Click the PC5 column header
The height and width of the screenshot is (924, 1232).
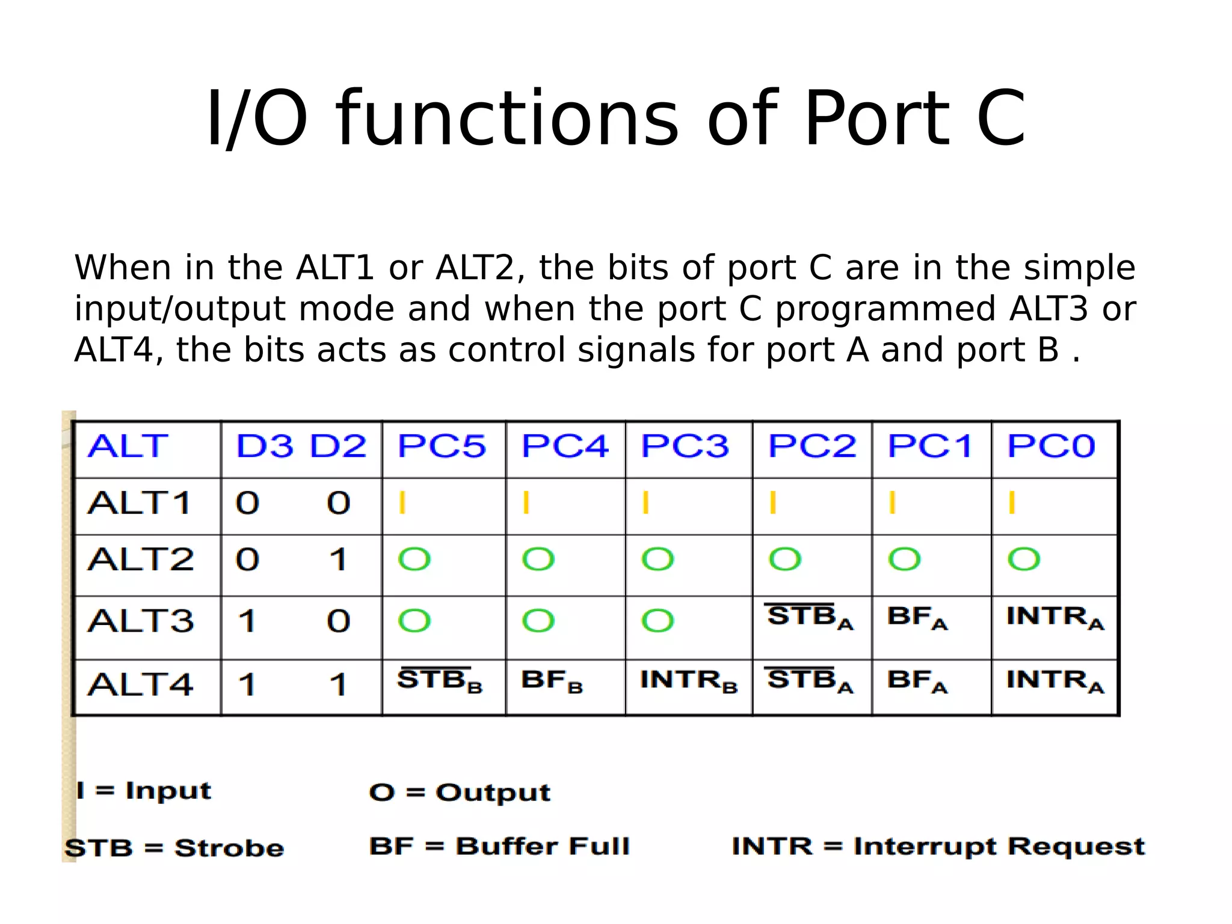pos(442,446)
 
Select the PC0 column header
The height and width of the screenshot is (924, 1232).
pos(1051,446)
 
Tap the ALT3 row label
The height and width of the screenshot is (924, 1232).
pos(141,621)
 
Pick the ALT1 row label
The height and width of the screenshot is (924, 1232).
pos(140,503)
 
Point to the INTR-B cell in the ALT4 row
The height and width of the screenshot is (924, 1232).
pos(688,681)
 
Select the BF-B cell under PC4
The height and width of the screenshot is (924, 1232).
pos(552,681)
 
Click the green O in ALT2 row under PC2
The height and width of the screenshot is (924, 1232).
pos(785,559)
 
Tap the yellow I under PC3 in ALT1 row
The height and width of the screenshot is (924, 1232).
pos(645,503)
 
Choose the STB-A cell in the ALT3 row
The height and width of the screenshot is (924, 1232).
pos(810,617)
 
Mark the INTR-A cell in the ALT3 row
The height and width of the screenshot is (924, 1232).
pos(1055,617)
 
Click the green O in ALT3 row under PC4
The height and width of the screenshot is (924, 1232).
pos(538,621)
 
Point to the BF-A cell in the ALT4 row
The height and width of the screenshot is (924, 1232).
pos(917,681)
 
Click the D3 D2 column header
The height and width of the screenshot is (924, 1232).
pos(301,446)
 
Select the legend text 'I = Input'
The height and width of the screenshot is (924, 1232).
pos(144,790)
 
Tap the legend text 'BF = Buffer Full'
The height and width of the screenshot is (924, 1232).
pos(499,846)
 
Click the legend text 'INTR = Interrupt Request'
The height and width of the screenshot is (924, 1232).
pos(938,846)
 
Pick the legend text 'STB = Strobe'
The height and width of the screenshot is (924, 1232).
pos(174,848)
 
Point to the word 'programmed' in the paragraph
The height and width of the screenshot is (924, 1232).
pos(885,309)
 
